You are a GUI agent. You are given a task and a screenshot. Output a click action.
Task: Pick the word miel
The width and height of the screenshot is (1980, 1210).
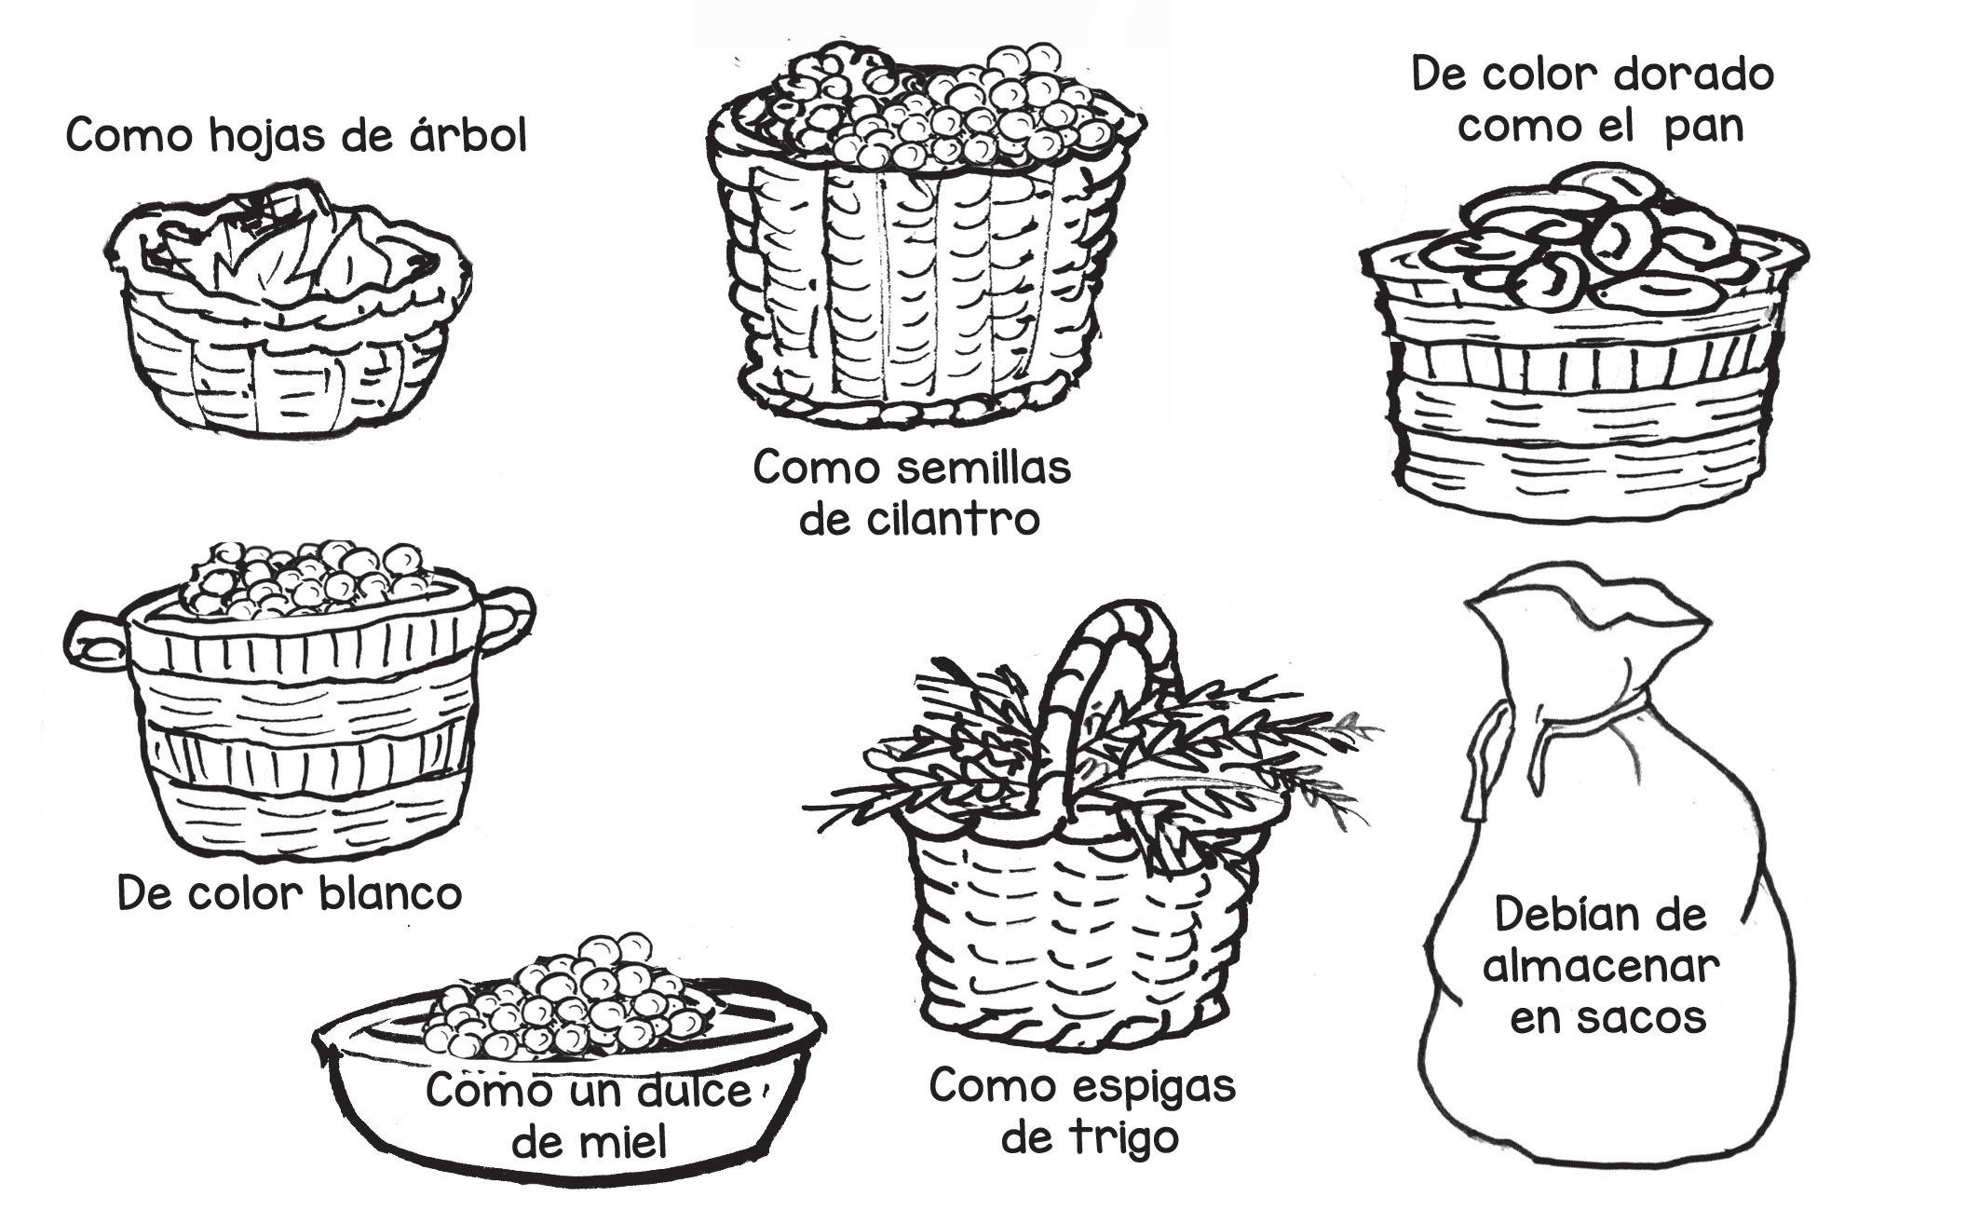click(629, 1141)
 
